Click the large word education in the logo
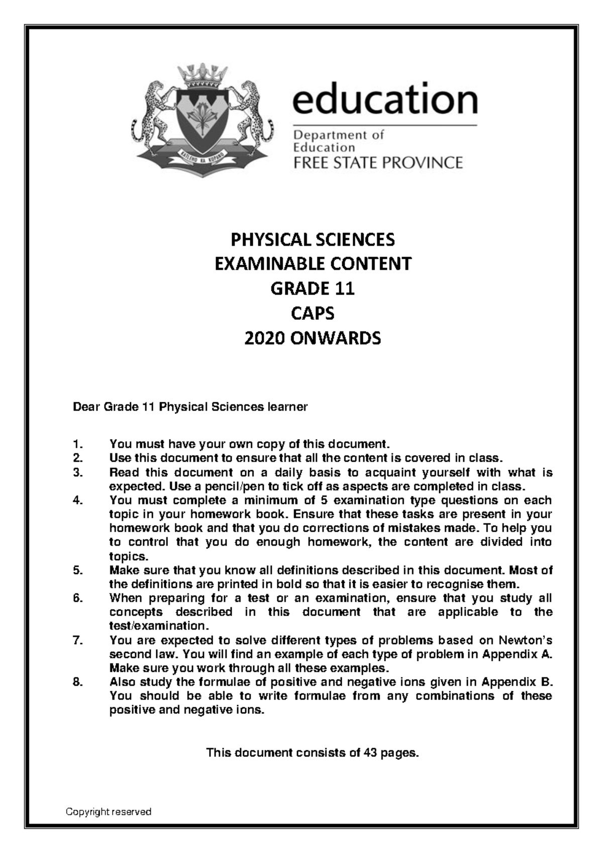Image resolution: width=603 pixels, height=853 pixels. tap(384, 100)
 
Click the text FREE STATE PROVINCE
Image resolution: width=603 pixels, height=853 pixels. tap(377, 162)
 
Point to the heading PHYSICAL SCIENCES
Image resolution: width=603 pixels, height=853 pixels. tap(313, 239)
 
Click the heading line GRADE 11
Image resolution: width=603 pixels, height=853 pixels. tap(313, 289)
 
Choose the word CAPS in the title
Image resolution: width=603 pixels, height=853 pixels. tap(313, 313)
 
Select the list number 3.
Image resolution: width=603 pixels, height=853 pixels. tap(76, 473)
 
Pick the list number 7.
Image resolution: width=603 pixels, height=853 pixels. tap(76, 640)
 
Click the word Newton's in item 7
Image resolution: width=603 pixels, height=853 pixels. tap(526, 640)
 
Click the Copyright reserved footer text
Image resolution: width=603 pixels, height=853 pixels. tap(109, 812)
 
